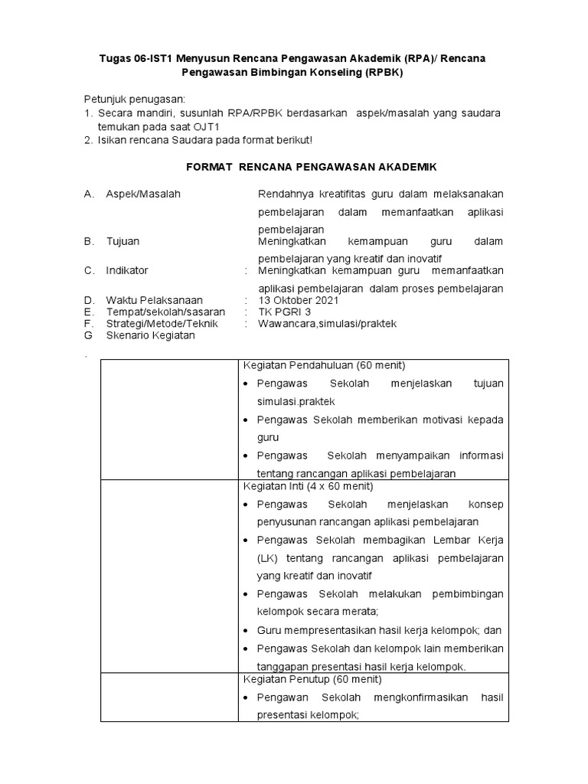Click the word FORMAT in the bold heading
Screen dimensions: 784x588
[210, 166]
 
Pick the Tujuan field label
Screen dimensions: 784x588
[122, 241]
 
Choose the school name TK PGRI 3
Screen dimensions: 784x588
[285, 312]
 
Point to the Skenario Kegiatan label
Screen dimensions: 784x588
[150, 335]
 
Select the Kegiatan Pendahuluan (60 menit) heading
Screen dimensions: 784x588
[324, 364]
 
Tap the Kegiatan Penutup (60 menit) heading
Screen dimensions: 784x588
[312, 679]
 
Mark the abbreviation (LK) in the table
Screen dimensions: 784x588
[268, 558]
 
